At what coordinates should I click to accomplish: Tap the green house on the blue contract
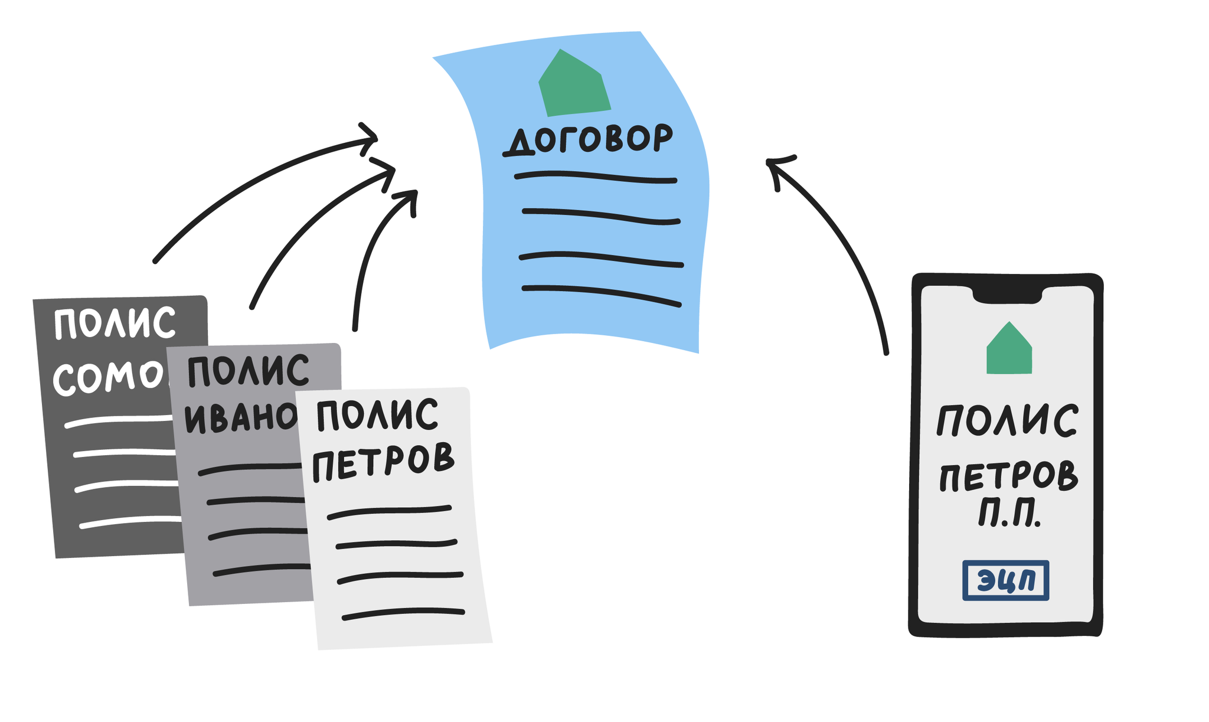[x=573, y=84]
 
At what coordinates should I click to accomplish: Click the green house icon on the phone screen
[x=1009, y=349]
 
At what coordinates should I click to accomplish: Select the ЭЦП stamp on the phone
[x=1005, y=580]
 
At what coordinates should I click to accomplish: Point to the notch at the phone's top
[x=1007, y=295]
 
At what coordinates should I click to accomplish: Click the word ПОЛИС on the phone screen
[x=1007, y=420]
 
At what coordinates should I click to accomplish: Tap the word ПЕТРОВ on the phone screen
[x=1008, y=477]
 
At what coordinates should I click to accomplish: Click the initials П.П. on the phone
[x=1009, y=515]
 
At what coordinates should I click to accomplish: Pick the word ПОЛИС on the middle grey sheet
[x=248, y=370]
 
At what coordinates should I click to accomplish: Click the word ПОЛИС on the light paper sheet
[x=377, y=415]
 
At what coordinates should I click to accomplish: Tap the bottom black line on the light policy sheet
[x=403, y=614]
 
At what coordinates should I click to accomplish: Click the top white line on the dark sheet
[x=118, y=420]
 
